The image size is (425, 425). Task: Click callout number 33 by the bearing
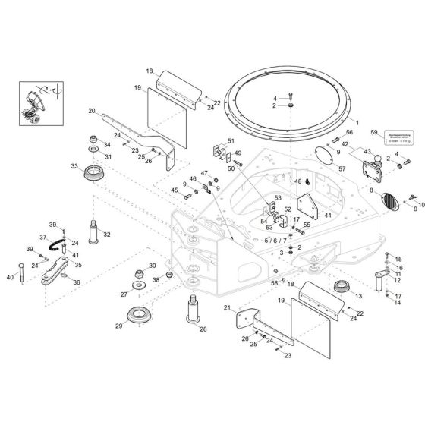74,165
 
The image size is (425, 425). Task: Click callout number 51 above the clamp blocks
231,141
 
